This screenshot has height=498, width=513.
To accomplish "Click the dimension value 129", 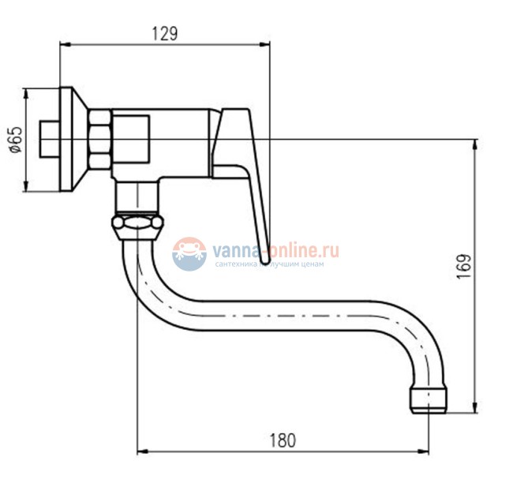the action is (x=165, y=34).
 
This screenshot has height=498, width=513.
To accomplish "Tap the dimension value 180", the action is (x=283, y=440).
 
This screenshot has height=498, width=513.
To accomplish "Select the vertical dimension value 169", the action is (x=463, y=266).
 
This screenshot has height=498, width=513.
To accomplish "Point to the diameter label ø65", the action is (x=16, y=140).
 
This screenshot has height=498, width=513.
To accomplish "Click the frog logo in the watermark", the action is (x=189, y=254).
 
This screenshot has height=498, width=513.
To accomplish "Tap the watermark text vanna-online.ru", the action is (x=275, y=251).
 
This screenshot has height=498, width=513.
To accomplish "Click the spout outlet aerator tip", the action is (x=429, y=400).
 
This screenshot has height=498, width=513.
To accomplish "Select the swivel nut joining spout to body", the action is (x=137, y=225).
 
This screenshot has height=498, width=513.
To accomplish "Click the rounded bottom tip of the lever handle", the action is (x=266, y=260).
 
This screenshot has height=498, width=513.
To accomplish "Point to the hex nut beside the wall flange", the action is (x=99, y=140).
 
